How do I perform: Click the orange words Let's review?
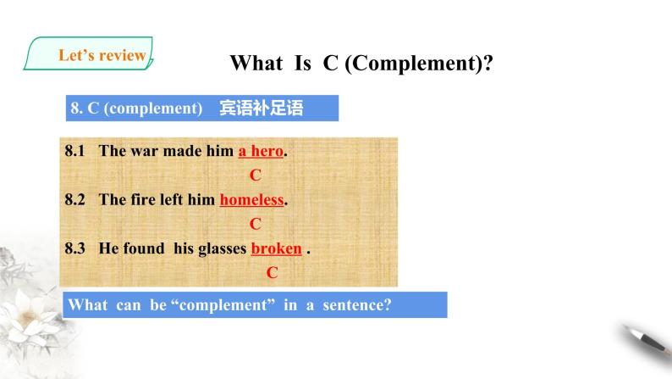pos(102,55)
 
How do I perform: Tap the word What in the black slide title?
pos(256,63)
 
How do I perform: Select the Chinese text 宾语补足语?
pos(262,108)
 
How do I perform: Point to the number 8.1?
pos(74,151)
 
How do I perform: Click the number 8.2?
pos(74,199)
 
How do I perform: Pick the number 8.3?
pos(74,248)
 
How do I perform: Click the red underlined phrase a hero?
pos(261,151)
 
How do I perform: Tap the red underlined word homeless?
pos(251,199)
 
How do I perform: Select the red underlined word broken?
pos(277,248)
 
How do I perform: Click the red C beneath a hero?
pos(256,175)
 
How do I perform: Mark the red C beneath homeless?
pos(256,224)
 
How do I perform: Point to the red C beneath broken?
pos(273,272)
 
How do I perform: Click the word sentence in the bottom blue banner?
pos(357,304)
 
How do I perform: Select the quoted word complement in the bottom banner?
pos(223,305)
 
